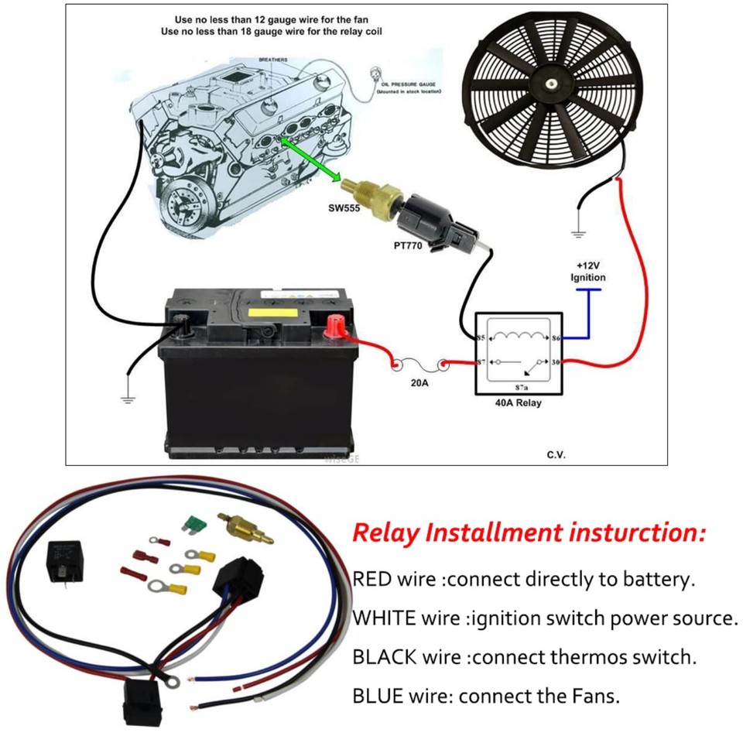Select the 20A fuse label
[419, 382]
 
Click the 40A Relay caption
[518, 402]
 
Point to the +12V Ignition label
[587, 272]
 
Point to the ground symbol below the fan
[578, 231]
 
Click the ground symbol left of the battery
[128, 399]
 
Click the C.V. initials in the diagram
[556, 454]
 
